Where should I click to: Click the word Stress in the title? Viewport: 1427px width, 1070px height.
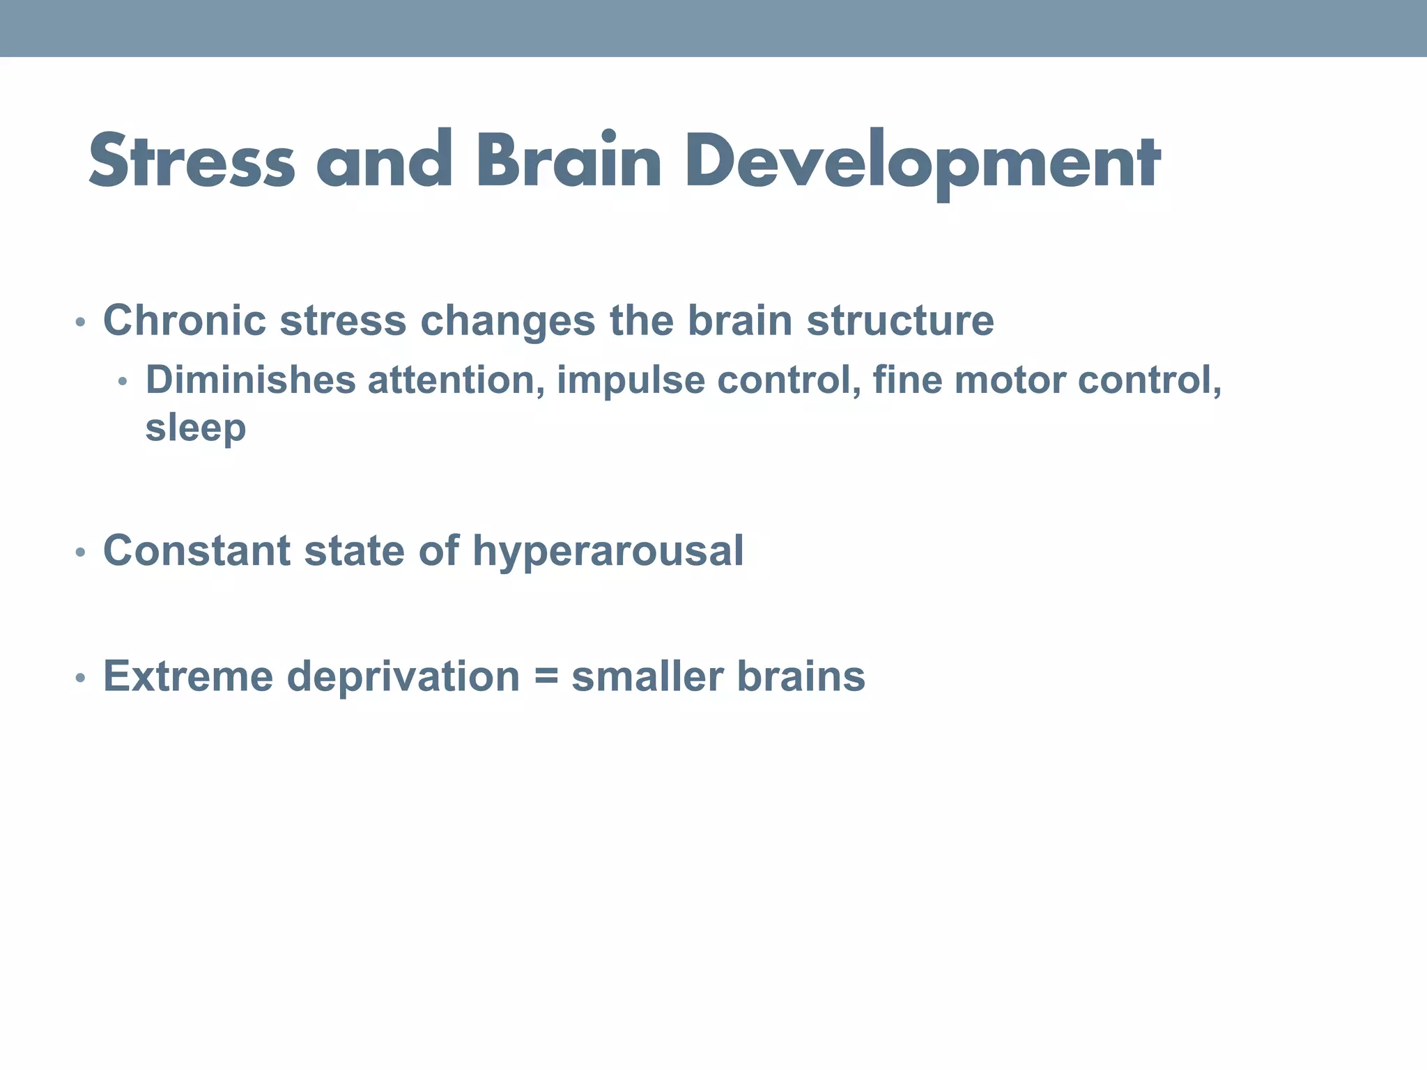coord(192,162)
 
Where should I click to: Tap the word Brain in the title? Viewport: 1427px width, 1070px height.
coord(568,162)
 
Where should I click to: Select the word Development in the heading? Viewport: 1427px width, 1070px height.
coord(923,162)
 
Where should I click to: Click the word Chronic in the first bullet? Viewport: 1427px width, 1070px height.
coord(185,320)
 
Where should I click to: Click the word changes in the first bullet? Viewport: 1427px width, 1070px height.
coord(507,320)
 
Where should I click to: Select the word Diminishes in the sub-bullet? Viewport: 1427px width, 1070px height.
coord(250,380)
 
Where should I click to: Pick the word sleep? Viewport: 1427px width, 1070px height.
coord(195,427)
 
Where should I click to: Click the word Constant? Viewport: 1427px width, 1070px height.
coord(196,550)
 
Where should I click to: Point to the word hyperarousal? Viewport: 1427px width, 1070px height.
coord(608,552)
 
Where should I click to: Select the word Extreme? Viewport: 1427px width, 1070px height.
coord(188,676)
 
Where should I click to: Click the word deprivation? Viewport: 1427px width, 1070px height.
coord(403,676)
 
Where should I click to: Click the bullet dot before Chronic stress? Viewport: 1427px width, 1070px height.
coord(80,323)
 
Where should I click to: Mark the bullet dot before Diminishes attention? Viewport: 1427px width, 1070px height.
coord(123,382)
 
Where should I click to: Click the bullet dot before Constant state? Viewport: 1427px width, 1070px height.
coord(80,553)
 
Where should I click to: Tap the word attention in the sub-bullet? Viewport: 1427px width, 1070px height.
coord(456,380)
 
